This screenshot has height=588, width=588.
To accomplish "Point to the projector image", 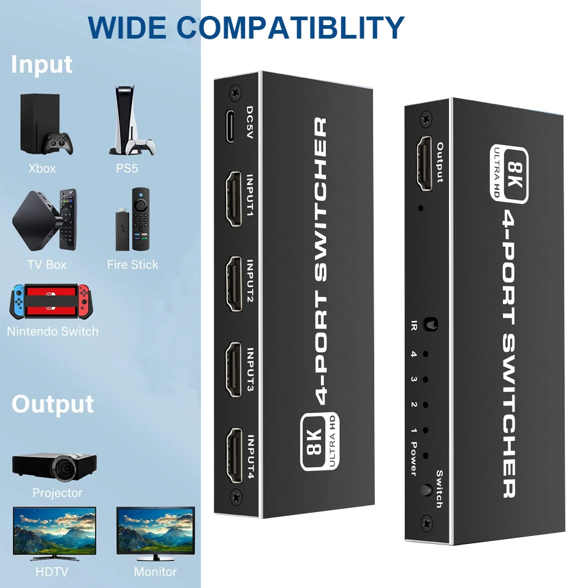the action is [x=55, y=466].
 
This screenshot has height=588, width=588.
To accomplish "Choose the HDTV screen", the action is [x=55, y=532].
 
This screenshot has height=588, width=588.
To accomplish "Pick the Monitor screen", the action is [x=156, y=532].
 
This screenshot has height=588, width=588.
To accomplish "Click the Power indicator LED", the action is [x=424, y=456].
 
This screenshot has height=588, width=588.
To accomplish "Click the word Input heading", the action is [x=42, y=64].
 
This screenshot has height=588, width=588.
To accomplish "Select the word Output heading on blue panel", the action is [x=53, y=404].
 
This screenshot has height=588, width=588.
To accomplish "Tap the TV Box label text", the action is [x=47, y=265].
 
